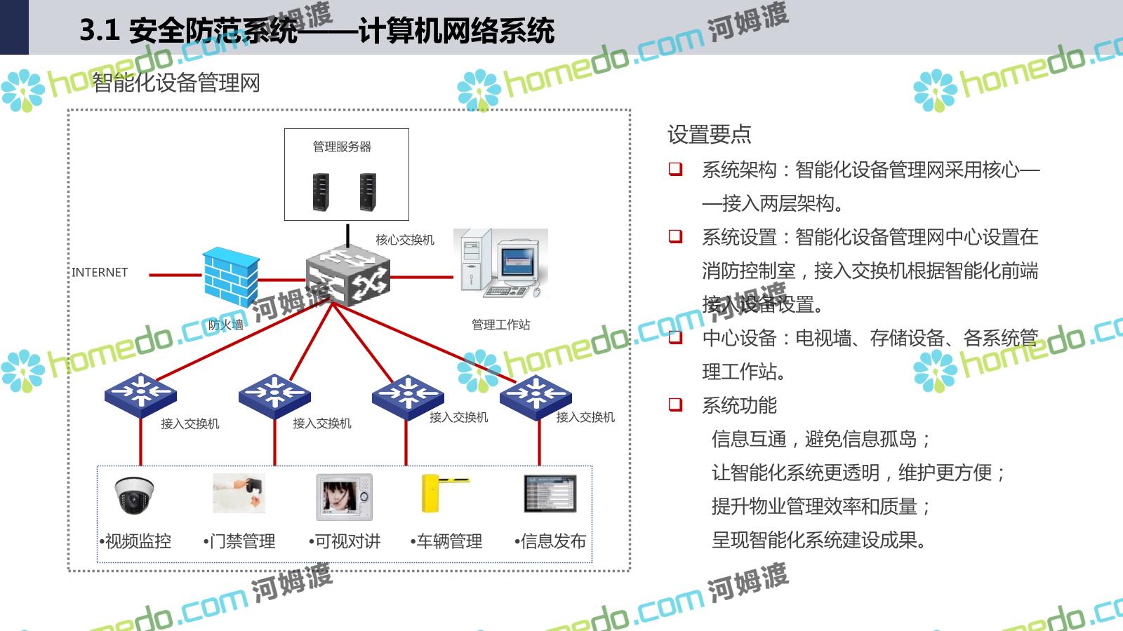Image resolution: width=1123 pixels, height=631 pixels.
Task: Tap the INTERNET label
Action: tap(100, 272)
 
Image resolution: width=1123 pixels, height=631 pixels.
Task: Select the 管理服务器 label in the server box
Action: tap(342, 147)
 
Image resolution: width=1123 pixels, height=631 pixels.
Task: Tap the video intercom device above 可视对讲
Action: tap(344, 496)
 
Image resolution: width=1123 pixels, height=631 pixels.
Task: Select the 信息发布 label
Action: tap(553, 541)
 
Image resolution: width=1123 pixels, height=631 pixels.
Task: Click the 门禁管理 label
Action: tap(243, 541)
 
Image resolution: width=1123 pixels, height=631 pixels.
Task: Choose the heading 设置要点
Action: tap(709, 134)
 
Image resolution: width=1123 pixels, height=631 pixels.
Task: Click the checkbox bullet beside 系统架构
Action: tap(675, 169)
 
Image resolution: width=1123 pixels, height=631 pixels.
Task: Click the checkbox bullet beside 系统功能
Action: tap(675, 405)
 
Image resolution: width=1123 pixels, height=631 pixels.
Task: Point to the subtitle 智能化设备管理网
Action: tap(176, 83)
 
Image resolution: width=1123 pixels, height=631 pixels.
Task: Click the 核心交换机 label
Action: tap(405, 240)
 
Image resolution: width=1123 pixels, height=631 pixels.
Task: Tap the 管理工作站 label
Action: tap(500, 325)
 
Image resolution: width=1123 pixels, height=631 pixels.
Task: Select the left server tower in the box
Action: tap(321, 191)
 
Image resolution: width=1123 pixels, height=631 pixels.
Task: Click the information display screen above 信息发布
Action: tap(550, 494)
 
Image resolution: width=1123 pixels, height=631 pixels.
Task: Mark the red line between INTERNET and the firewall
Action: tap(175, 275)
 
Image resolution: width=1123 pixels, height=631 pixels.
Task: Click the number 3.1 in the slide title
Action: tap(100, 30)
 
